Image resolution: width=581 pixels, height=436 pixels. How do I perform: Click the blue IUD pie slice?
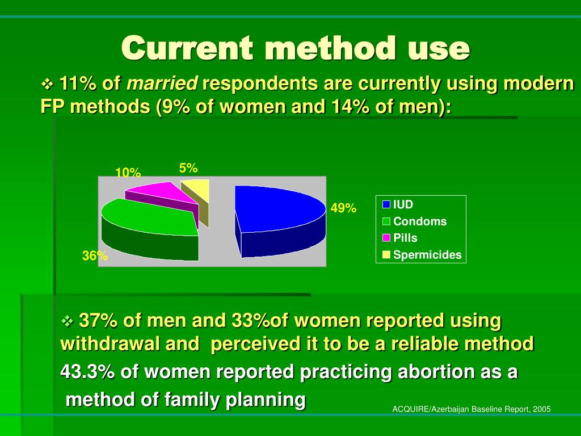coord(280,221)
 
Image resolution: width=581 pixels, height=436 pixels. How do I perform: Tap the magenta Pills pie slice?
coord(162,200)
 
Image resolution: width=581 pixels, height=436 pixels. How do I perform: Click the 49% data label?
coord(343,208)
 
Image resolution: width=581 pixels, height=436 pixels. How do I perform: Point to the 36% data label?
coord(95,255)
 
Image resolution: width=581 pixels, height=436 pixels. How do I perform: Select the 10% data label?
coord(128,173)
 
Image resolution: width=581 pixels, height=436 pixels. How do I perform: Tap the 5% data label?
coord(188,168)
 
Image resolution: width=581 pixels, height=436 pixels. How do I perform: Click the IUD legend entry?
coord(398,204)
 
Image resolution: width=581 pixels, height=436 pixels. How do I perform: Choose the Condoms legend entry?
coord(414,221)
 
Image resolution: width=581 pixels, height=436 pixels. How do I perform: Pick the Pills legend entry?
coord(400,238)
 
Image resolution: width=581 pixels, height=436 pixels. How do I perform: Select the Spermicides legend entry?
coord(422,255)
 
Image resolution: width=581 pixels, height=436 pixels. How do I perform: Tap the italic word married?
coord(162,83)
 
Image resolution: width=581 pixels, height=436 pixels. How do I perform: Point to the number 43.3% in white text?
coord(87,371)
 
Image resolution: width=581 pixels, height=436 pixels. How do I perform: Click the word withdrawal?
coord(110,343)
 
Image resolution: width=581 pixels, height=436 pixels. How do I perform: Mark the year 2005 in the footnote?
coord(542,409)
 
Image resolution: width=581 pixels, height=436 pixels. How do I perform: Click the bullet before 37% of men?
coord(68,321)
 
